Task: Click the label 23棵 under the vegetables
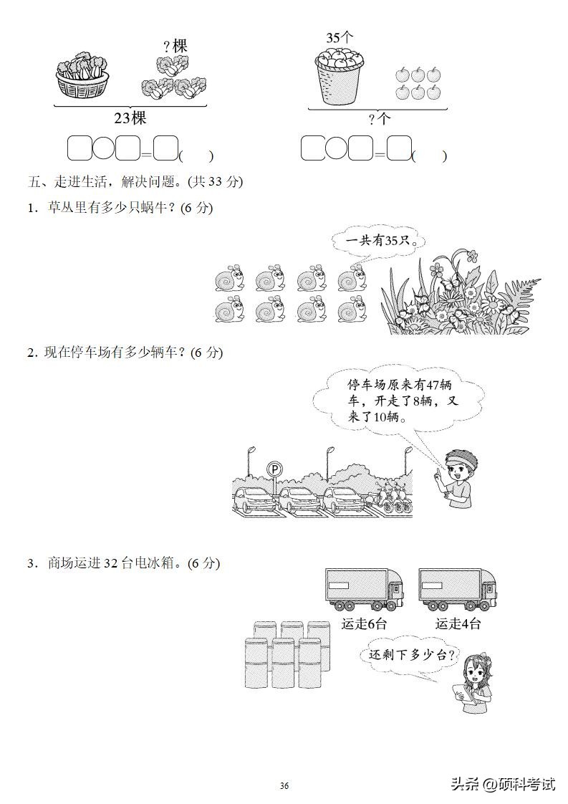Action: tap(130, 118)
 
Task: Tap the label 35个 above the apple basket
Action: tap(340, 37)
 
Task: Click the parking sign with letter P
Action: tap(274, 469)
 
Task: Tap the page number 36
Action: tap(284, 785)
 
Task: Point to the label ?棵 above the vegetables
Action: tap(175, 47)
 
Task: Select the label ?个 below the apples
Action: tap(379, 120)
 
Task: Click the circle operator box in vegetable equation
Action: tap(104, 148)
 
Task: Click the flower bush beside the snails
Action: tap(458, 294)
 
